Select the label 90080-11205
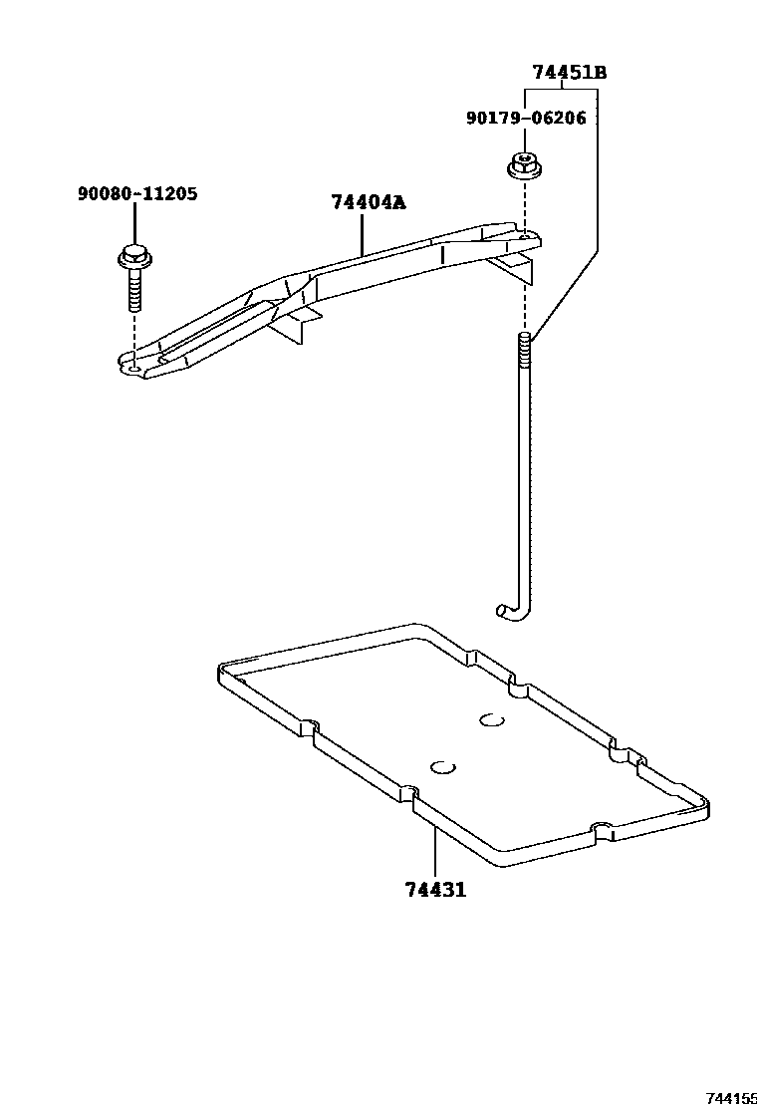pyautogui.click(x=136, y=194)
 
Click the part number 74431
pyautogui.click(x=435, y=890)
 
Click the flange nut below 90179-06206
pyautogui.click(x=521, y=165)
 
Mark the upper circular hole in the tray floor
pyautogui.click(x=491, y=719)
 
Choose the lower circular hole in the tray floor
pyautogui.click(x=442, y=766)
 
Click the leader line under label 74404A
pyautogui.click(x=362, y=234)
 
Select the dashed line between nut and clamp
pyautogui.click(x=522, y=207)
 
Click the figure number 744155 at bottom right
pyautogui.click(x=731, y=1098)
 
